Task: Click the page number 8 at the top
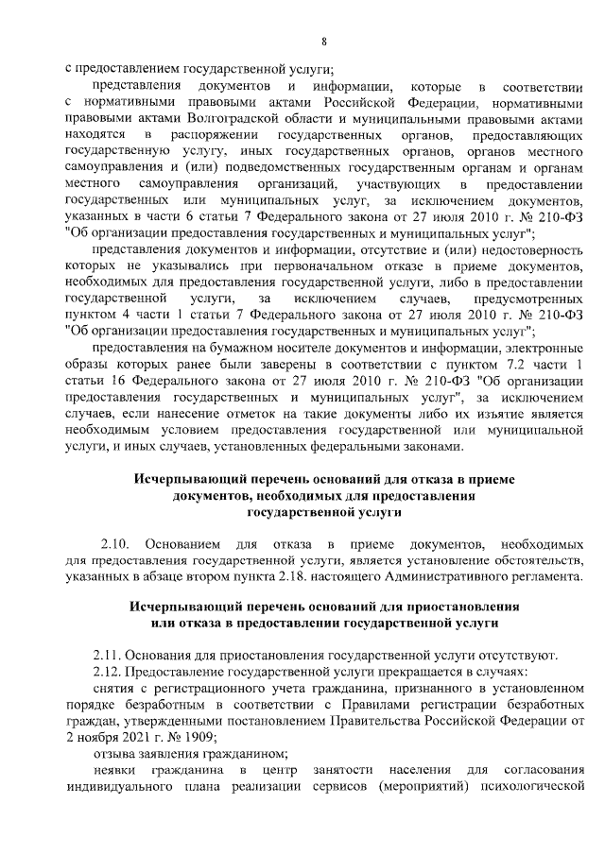(x=324, y=40)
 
